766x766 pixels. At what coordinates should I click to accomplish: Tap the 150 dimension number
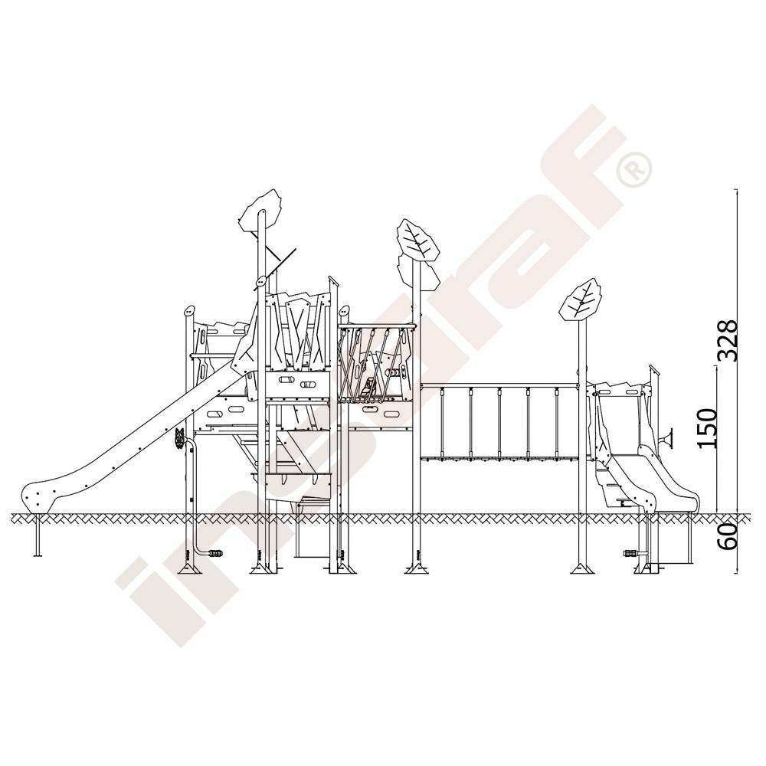pyautogui.click(x=707, y=428)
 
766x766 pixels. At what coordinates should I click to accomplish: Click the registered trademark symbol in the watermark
pyautogui.click(x=633, y=169)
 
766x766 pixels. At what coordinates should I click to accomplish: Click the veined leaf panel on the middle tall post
pyautogui.click(x=417, y=239)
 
